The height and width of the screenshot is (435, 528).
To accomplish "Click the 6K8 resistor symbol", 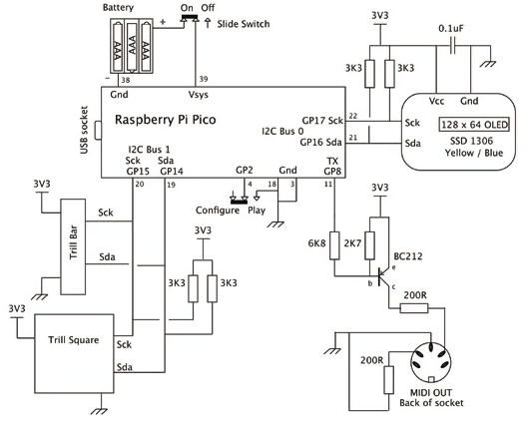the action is (334, 245).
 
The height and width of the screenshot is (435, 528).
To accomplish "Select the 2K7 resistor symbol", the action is (369, 245).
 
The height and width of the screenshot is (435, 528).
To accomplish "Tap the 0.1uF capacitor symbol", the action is (453, 46).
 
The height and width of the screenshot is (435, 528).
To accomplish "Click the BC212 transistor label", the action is (408, 256).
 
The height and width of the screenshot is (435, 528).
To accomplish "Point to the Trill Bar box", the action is (73, 246).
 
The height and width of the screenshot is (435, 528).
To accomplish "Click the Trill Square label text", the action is (74, 340).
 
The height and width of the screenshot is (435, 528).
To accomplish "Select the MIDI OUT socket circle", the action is (430, 363).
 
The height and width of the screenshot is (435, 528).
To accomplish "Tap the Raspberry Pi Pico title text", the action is (166, 120).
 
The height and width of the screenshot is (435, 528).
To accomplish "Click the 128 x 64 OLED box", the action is (474, 125).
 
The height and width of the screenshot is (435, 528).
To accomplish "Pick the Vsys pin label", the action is (198, 95).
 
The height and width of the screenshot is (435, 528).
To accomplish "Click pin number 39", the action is (204, 79).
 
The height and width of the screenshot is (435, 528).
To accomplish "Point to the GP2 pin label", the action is (245, 170).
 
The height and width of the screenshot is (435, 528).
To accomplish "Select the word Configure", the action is (218, 211).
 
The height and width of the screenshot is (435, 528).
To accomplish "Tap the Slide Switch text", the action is (244, 24).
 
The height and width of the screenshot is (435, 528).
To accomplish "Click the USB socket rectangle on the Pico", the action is (98, 131).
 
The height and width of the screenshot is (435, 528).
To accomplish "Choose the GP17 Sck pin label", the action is (322, 121).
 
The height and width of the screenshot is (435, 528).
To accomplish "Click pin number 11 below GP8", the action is (328, 185).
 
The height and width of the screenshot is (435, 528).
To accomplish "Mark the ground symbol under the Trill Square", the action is (100, 411).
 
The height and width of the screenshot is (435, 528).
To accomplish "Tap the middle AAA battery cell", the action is (132, 46).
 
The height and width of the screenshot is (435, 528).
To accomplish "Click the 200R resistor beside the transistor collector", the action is (414, 308).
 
